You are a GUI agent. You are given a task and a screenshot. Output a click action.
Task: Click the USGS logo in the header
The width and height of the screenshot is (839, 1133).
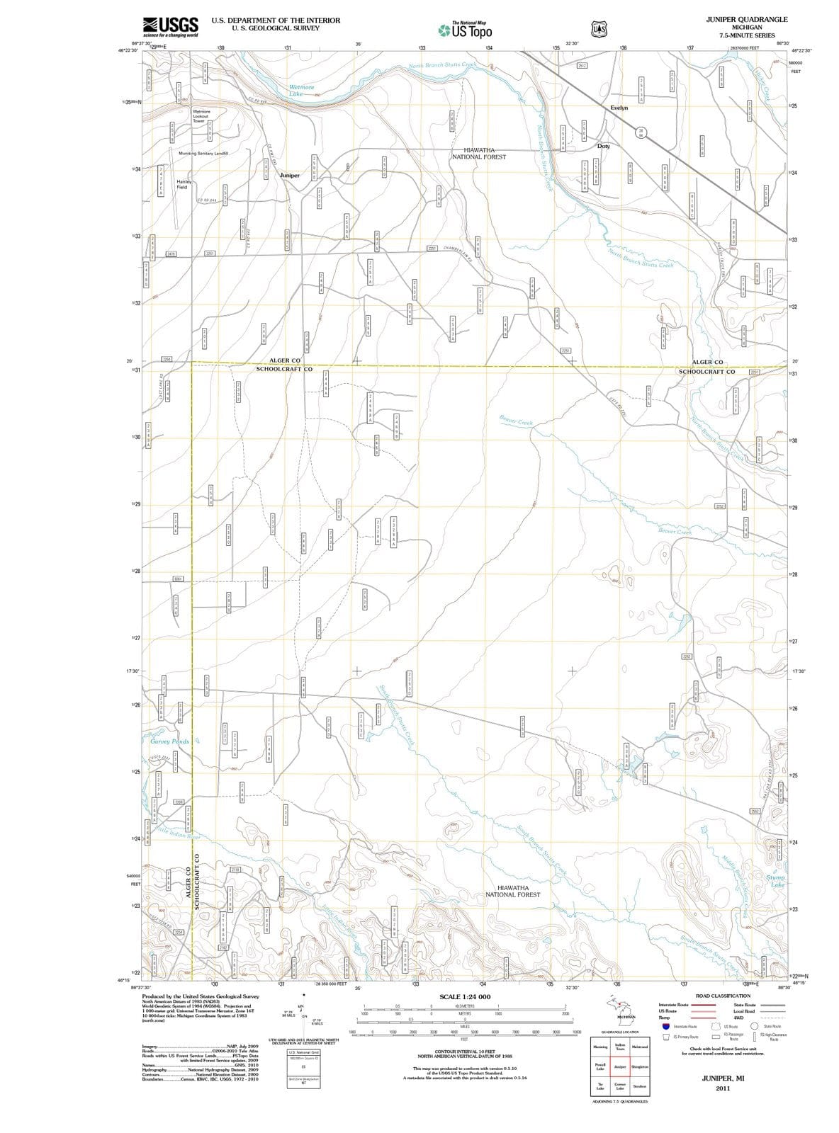[x=171, y=27]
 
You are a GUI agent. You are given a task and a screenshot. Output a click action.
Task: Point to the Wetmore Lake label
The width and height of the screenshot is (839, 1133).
[x=302, y=91]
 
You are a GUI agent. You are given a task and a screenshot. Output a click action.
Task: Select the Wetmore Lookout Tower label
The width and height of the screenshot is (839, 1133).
[x=201, y=116]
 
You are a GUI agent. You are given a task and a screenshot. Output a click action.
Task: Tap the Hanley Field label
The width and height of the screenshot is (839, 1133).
[x=183, y=184]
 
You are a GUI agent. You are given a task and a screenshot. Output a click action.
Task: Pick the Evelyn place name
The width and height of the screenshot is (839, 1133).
[x=619, y=108]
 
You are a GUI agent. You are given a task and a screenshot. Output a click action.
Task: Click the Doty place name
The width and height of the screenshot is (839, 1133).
[x=604, y=146]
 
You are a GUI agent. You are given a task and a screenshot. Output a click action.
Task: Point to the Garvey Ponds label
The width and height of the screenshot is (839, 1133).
[x=170, y=741]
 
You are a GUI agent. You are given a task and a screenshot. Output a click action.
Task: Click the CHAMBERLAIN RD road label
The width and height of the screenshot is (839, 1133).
[x=462, y=253]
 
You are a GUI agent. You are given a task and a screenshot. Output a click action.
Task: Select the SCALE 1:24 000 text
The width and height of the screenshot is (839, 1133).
[x=465, y=996]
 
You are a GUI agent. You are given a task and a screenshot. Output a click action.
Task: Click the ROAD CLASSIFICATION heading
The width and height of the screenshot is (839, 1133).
[x=723, y=996]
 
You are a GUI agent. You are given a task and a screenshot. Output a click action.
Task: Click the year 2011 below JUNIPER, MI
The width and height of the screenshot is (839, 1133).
[x=722, y=1088]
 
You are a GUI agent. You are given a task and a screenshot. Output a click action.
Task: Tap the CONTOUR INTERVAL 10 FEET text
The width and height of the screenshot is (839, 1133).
[x=465, y=1052]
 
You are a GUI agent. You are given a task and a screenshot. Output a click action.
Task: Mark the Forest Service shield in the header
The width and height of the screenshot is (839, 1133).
[x=599, y=29]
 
